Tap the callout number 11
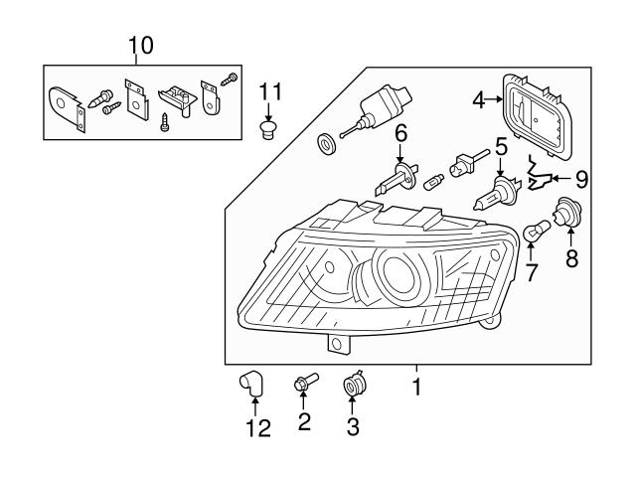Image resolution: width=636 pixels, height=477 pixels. point(270,92)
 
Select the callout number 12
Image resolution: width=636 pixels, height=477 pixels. point(256,429)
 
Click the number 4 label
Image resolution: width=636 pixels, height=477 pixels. point(478,99)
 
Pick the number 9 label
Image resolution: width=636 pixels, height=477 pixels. point(581,180)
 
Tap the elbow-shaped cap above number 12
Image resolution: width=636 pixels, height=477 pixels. point(251,381)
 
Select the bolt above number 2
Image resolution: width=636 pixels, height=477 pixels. point(303,382)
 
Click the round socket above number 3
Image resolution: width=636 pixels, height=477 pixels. point(352,385)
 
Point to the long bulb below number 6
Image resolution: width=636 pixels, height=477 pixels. point(396,183)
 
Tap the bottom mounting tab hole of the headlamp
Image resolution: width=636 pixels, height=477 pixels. point(337,345)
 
